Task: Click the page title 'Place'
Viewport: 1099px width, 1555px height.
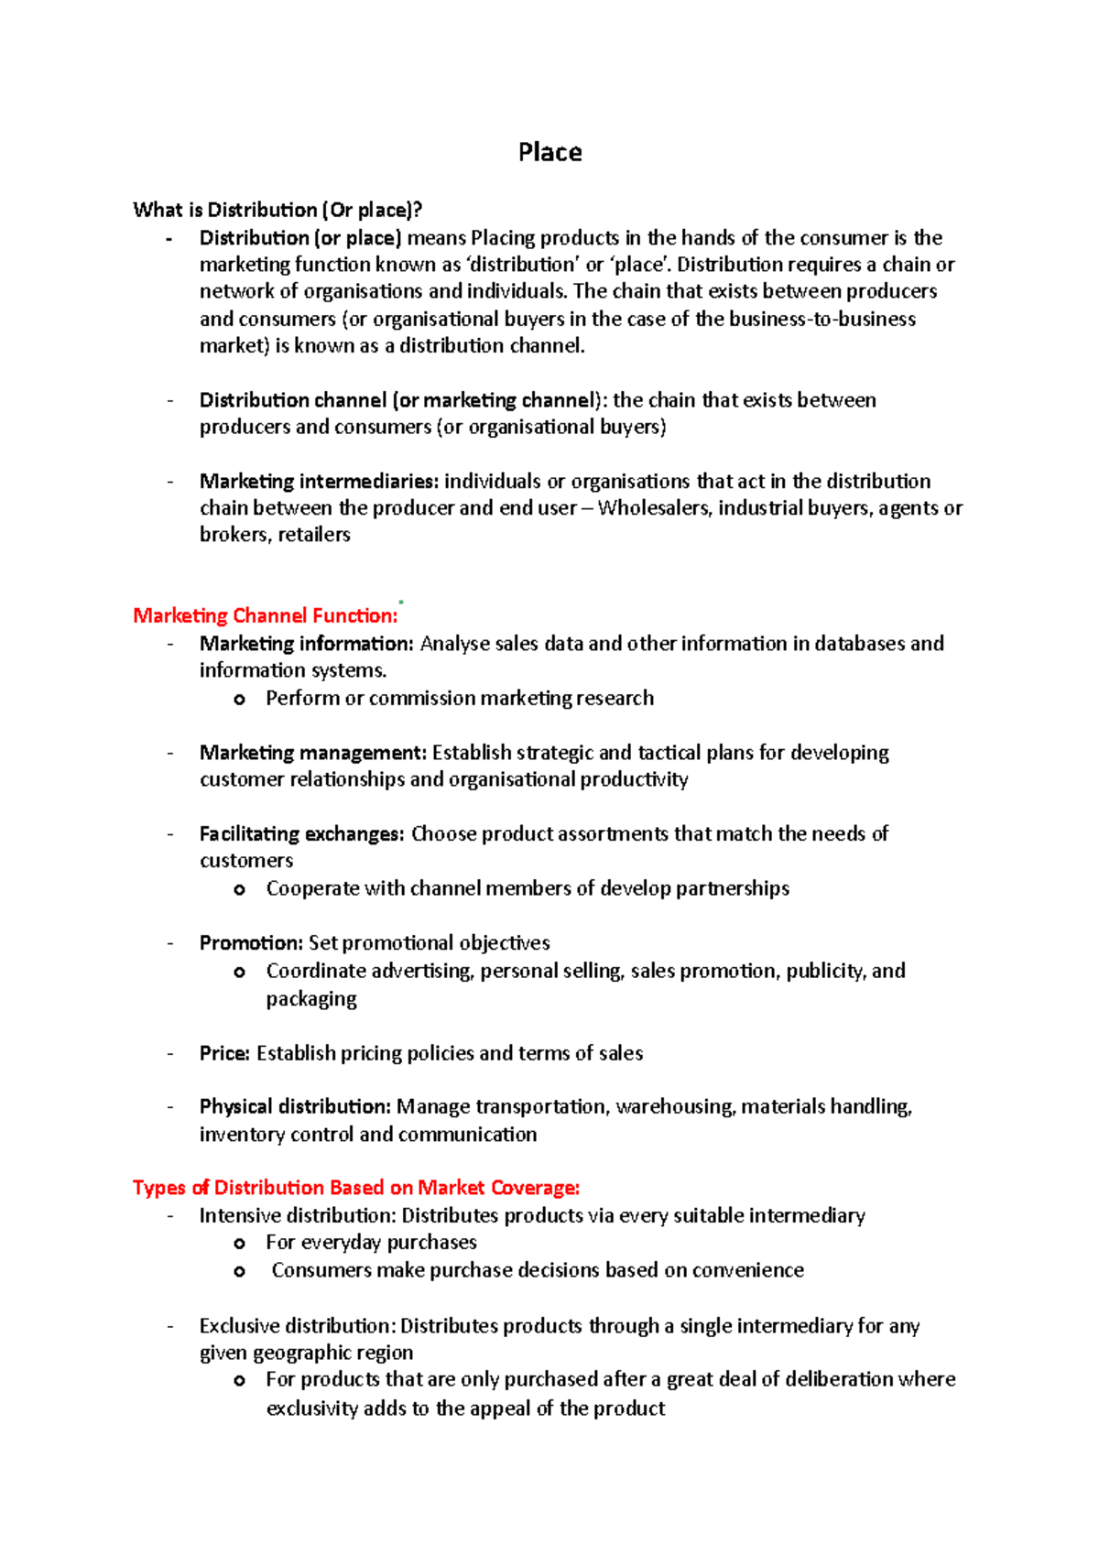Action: point(549,152)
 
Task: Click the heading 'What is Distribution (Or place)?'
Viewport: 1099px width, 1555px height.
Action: point(277,210)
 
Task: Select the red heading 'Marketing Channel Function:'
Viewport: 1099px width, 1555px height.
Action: point(266,615)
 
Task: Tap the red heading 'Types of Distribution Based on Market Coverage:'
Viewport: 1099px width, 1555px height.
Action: point(356,1188)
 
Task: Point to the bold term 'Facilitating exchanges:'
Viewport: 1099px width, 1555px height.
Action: point(301,834)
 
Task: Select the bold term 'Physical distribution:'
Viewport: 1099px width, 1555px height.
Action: point(295,1107)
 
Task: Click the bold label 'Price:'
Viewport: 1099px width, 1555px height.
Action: point(224,1053)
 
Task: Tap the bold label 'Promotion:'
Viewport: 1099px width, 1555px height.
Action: point(251,943)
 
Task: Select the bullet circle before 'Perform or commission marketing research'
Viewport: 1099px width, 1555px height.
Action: point(239,700)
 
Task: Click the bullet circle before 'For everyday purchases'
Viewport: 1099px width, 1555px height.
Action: point(239,1244)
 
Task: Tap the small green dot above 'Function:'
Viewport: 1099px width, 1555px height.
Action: point(401,602)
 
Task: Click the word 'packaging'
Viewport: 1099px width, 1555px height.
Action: point(311,999)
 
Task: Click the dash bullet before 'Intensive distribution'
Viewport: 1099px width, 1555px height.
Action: point(170,1216)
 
